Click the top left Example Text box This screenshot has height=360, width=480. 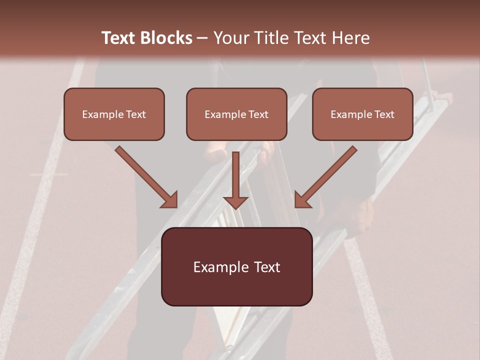coord(114,114)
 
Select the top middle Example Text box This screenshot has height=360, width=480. coord(236,114)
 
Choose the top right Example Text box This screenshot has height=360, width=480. coord(362,114)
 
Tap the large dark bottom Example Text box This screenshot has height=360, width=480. coord(236,266)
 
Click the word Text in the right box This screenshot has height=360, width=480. coord(383,114)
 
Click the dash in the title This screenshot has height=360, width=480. coord(202,38)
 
